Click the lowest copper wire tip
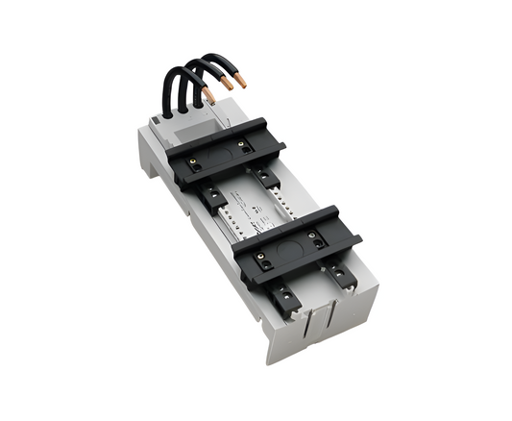tap(208, 96)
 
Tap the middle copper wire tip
tap(226, 86)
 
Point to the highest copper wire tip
tap(240, 82)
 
